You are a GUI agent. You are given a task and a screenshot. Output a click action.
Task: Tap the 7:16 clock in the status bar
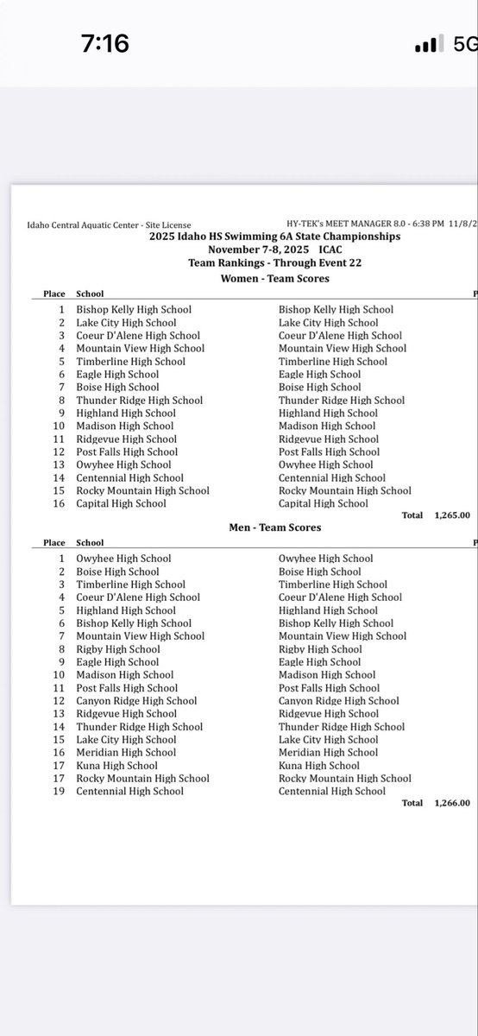click(105, 42)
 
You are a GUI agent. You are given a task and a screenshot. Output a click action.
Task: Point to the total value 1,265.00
click(452, 515)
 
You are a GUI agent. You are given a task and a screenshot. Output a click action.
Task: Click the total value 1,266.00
click(452, 803)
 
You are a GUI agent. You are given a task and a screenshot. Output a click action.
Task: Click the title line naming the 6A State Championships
click(274, 237)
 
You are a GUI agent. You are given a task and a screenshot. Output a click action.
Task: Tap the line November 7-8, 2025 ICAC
click(274, 250)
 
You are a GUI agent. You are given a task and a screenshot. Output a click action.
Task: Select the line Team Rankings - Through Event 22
click(274, 264)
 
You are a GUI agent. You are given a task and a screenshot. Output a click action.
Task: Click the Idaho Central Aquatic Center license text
click(109, 225)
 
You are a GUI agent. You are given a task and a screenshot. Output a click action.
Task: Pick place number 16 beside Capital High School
click(59, 503)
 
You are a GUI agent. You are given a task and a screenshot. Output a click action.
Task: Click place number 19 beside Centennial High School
click(59, 791)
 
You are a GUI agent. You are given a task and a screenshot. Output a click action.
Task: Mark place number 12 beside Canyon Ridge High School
click(59, 701)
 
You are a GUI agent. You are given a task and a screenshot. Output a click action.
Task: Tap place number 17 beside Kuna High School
click(59, 765)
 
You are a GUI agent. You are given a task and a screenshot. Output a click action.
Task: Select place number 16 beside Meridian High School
click(59, 752)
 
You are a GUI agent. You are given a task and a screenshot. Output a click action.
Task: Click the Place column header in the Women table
click(54, 294)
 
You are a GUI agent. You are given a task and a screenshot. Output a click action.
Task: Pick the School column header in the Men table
click(90, 543)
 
